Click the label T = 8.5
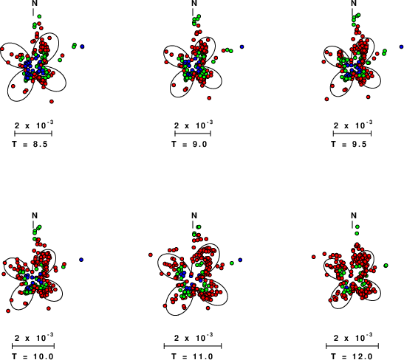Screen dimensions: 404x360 [30, 144]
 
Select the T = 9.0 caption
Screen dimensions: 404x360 [189, 144]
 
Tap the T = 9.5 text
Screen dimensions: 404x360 [349, 144]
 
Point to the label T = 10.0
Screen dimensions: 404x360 [33, 356]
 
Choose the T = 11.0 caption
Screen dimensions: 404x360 [193, 356]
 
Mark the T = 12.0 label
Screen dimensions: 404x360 [352, 356]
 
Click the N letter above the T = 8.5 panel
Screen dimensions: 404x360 [35, 4]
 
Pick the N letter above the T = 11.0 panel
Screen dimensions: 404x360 [194, 215]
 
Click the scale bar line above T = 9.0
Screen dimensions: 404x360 [193, 134]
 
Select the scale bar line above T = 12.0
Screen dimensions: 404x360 [352, 346]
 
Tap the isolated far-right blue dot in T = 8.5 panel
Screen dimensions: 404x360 [82, 46]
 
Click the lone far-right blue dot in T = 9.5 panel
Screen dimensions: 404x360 [402, 46]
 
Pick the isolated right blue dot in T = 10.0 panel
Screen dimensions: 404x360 [81, 260]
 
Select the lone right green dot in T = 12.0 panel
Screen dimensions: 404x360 [386, 266]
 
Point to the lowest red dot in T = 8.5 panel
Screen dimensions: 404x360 [52, 102]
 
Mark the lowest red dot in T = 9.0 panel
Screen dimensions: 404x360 [209, 98]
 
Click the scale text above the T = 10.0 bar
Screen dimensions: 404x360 [34, 337]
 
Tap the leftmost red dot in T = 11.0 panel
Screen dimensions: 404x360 [151, 255]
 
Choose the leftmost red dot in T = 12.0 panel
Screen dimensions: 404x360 [314, 257]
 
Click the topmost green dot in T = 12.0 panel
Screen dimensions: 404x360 [357, 226]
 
